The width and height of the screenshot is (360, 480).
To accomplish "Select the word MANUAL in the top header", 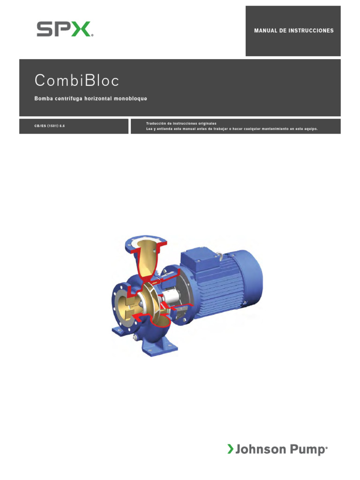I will coord(266,31).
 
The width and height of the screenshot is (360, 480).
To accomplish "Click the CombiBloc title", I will coord(77,81).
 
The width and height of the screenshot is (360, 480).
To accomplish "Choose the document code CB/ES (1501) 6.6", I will coord(49,126).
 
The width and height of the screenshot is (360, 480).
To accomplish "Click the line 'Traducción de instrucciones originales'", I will coord(181,123).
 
